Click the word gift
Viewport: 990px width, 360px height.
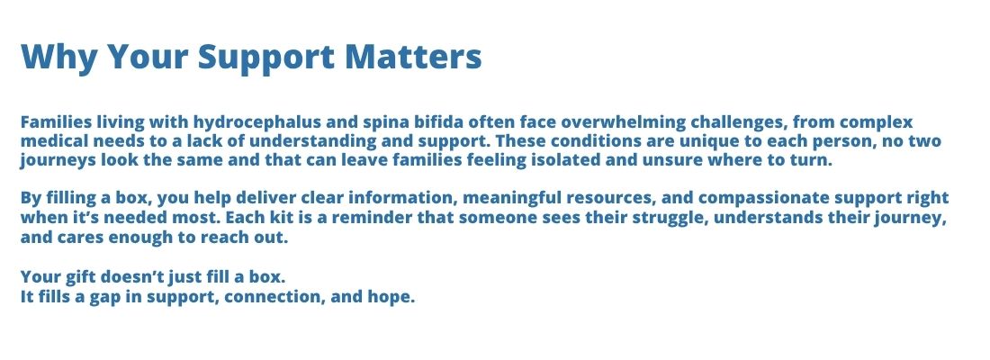79,278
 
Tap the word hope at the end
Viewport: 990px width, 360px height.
389,297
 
